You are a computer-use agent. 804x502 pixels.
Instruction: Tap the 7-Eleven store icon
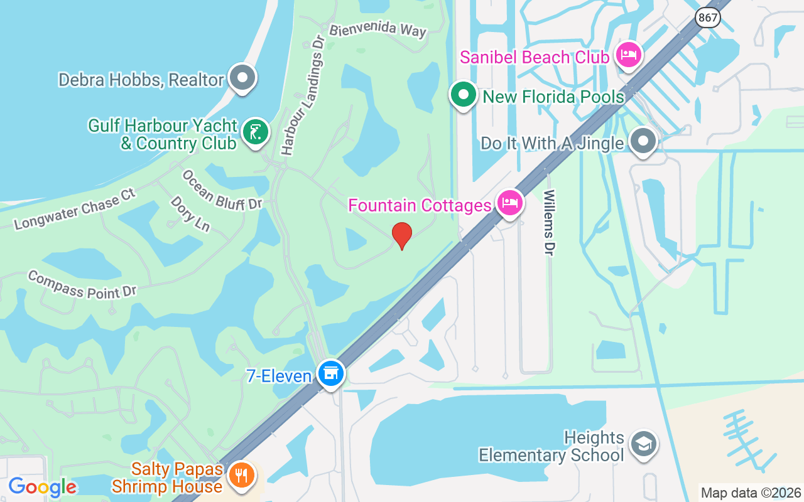[330, 373]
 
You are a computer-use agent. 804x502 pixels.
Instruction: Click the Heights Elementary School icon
[643, 444]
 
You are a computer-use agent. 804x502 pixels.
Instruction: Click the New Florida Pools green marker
[464, 95]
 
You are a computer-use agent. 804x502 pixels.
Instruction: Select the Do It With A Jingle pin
[643, 142]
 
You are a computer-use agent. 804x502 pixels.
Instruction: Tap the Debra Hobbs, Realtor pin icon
[242, 78]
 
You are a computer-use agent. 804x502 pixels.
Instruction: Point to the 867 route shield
[708, 18]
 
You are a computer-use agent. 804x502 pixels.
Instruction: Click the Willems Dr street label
[550, 223]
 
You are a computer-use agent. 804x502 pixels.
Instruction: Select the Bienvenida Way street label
[378, 29]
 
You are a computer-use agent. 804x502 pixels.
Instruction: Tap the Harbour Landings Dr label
[303, 94]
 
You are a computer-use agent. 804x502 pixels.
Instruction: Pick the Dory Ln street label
[190, 214]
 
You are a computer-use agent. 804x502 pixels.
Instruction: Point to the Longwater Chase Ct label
[75, 208]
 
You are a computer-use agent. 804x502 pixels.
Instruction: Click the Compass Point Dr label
[82, 284]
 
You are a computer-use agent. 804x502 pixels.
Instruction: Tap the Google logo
[42, 487]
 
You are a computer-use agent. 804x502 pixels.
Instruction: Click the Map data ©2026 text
[751, 493]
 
